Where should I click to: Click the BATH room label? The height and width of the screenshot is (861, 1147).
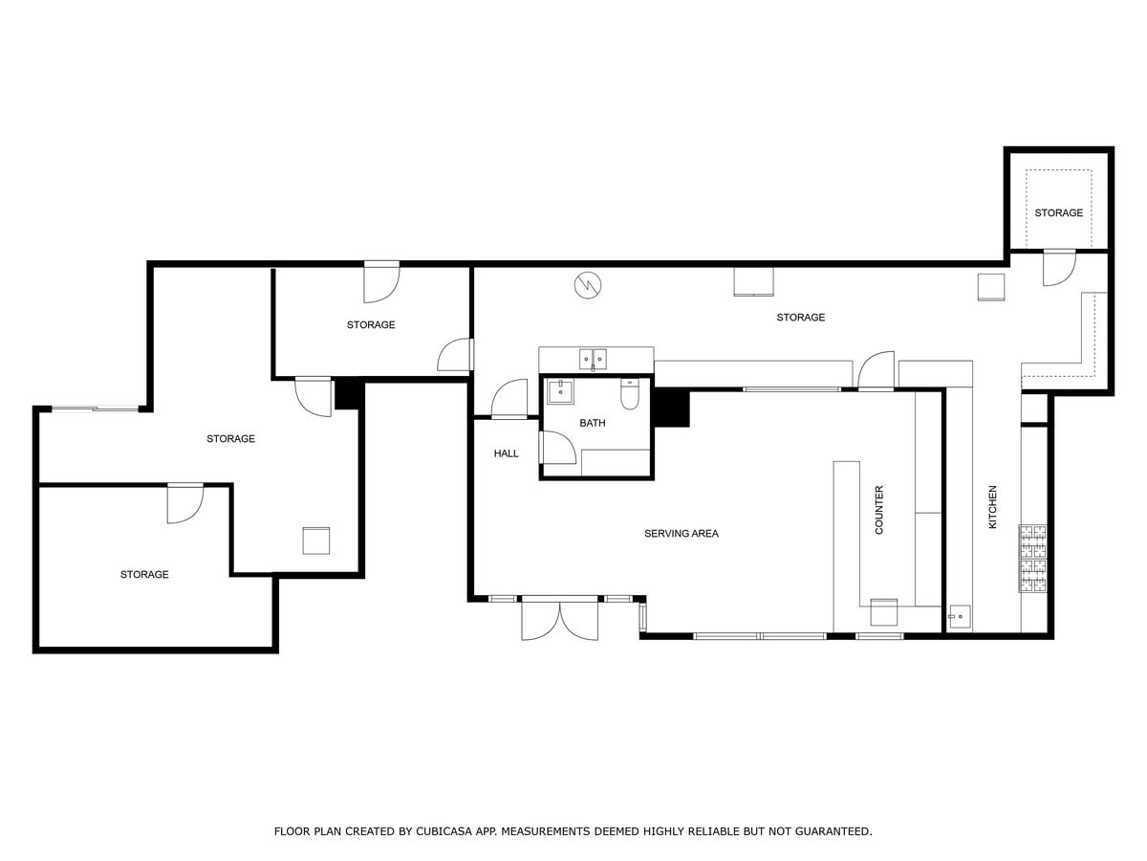click(592, 423)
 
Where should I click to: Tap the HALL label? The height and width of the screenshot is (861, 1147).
click(506, 453)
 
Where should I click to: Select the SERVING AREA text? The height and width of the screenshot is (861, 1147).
click(681, 534)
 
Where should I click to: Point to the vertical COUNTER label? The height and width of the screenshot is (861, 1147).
click(879, 510)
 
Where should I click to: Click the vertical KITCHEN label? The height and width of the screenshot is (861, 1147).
click(992, 507)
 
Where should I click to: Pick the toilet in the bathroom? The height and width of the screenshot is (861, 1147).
click(631, 393)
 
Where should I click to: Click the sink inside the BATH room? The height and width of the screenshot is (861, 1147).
click(560, 392)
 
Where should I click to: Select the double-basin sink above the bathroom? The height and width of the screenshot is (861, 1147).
click(593, 360)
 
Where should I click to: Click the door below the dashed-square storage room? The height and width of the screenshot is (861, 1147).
click(1058, 267)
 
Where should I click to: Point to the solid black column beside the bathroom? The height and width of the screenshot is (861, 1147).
click(672, 408)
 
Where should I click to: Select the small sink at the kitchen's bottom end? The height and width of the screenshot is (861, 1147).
click(960, 617)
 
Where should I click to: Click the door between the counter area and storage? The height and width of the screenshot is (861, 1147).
click(876, 372)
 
